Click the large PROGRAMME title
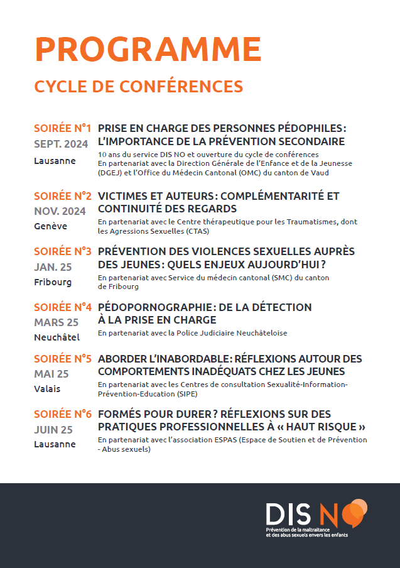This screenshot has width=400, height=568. [148, 49]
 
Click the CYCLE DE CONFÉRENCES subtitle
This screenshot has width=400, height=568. [138, 85]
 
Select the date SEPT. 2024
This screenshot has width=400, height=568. [61, 145]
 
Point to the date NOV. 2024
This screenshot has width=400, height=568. [60, 210]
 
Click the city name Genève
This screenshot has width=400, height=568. [51, 226]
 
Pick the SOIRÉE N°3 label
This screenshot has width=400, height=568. [63, 252]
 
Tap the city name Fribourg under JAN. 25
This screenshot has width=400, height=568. [53, 282]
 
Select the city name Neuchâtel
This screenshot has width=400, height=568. [57, 337]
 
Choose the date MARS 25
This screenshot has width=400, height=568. [56, 322]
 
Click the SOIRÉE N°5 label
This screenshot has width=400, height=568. [63, 359]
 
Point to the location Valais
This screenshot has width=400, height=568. [47, 389]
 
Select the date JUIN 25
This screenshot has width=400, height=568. [53, 430]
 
